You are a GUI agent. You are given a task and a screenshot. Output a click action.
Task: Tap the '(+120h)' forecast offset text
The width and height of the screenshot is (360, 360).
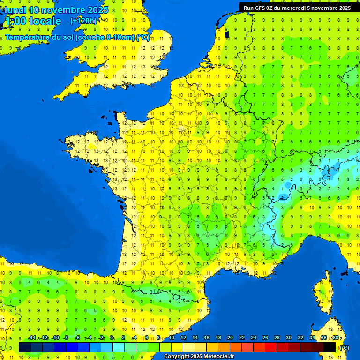[x=83, y=21]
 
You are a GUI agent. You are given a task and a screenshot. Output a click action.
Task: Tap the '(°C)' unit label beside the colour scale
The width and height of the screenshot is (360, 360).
[x=344, y=347]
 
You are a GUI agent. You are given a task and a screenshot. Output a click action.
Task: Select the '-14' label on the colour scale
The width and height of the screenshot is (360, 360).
[x=32, y=337]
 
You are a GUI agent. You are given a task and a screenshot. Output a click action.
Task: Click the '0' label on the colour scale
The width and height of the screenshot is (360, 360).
[x=112, y=337]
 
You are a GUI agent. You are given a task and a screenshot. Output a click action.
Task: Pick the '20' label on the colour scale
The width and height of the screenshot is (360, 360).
[x=230, y=337]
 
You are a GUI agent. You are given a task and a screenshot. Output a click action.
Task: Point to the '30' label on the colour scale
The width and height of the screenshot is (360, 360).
[x=288, y=337]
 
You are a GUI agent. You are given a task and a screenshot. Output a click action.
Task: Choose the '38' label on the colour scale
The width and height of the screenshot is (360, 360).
[x=336, y=337]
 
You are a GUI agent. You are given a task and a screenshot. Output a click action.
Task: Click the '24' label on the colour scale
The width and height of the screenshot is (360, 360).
[x=253, y=337]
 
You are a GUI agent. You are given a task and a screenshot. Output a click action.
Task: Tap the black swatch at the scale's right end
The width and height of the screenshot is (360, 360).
[x=330, y=347]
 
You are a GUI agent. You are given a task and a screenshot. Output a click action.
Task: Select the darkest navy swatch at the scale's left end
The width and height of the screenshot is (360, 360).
[x=24, y=347]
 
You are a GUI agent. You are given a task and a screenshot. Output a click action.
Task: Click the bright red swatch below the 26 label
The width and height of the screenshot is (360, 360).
[x=271, y=347]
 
